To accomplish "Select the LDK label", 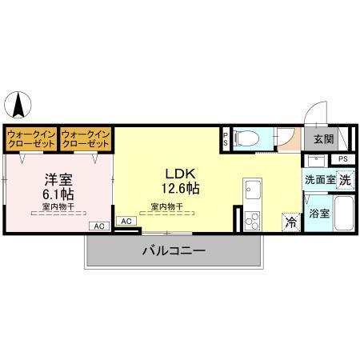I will [x=178, y=174].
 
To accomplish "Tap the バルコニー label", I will [x=174, y=250].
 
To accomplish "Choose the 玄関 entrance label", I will [x=323, y=139].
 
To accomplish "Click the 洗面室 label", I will [x=318, y=180].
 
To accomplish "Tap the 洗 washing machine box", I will [x=344, y=180].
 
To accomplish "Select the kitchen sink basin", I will [x=254, y=191].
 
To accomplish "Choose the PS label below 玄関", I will [x=343, y=159].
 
